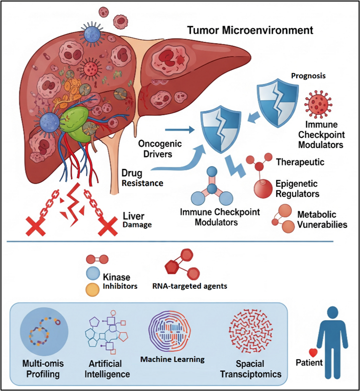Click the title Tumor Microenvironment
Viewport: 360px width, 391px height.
250,30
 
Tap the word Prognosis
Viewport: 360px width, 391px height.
309,75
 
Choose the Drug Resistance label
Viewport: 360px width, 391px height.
142,178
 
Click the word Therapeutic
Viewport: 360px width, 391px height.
300,162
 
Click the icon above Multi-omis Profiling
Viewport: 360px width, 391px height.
44,334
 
